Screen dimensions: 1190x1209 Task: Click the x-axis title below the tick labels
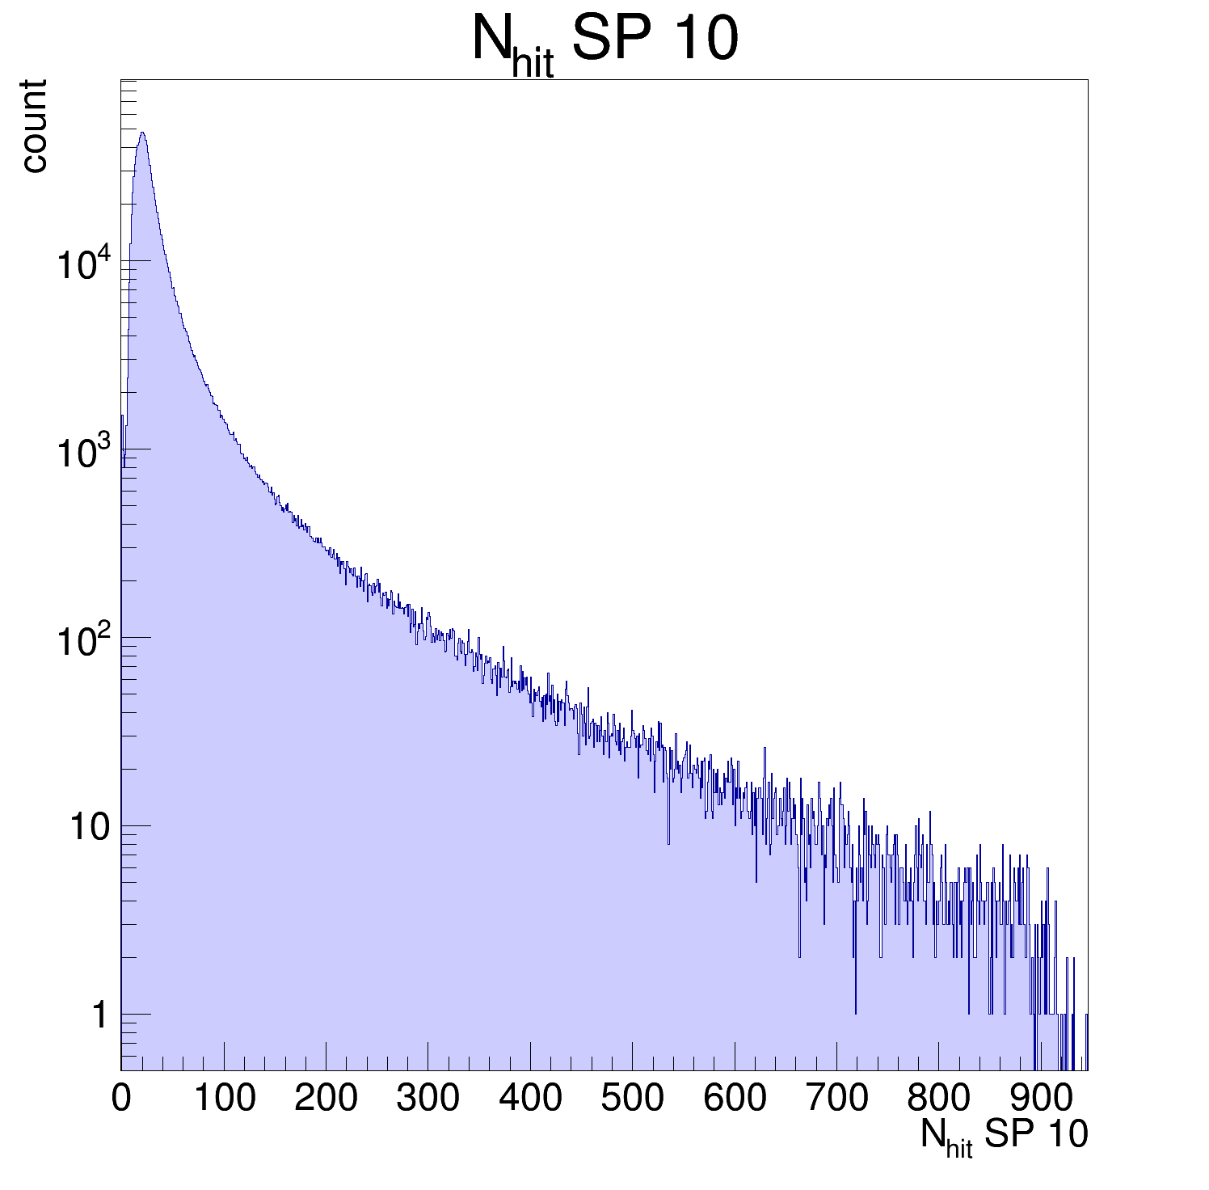(1004, 1137)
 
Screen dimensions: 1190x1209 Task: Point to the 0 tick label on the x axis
(121, 1099)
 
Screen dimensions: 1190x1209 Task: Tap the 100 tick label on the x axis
(224, 1099)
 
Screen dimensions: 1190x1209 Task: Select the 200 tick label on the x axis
(326, 1099)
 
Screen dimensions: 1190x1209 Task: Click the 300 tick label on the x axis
(428, 1099)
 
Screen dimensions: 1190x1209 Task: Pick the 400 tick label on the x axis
(530, 1099)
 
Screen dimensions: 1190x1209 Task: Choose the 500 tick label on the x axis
(632, 1099)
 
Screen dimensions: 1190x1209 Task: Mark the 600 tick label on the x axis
(735, 1099)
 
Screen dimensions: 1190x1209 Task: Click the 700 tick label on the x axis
(836, 1099)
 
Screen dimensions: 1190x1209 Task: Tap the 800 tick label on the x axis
(938, 1099)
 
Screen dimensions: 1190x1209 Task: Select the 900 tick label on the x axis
(1041, 1099)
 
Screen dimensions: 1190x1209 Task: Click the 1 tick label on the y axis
(99, 1015)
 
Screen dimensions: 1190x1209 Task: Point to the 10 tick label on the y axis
(89, 827)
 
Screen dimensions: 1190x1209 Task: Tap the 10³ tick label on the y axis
(82, 452)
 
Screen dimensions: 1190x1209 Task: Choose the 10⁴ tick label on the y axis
(82, 264)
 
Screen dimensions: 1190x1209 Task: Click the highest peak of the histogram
(142, 133)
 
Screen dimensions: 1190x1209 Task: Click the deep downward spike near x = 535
(668, 843)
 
